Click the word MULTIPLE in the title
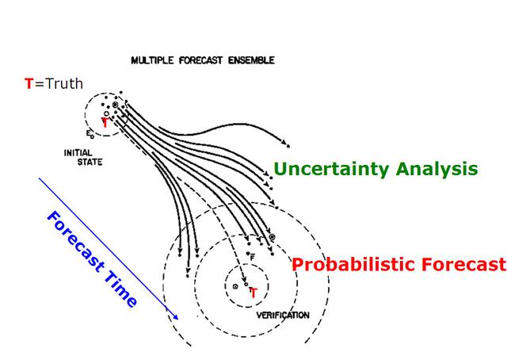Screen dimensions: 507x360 tap(152, 60)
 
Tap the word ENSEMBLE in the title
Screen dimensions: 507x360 tap(251, 60)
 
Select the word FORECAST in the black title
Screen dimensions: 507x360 tap(200, 60)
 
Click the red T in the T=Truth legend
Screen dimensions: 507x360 tap(29, 84)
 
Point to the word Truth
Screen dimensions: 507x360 tap(64, 84)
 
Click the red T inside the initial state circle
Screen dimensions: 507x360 tap(105, 123)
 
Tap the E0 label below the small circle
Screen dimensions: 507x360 tap(90, 134)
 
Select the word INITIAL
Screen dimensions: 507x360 tap(78, 153)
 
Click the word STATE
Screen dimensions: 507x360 tap(90, 162)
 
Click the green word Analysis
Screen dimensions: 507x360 tap(436, 170)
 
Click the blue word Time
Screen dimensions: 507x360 tap(121, 288)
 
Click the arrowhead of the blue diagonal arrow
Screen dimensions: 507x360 tap(176, 317)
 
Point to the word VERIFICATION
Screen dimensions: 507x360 tap(283, 316)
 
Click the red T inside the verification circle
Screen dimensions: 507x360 tap(253, 293)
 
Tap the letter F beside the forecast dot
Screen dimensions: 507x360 tap(253, 259)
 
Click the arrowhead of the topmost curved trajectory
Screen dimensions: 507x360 tap(284, 143)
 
